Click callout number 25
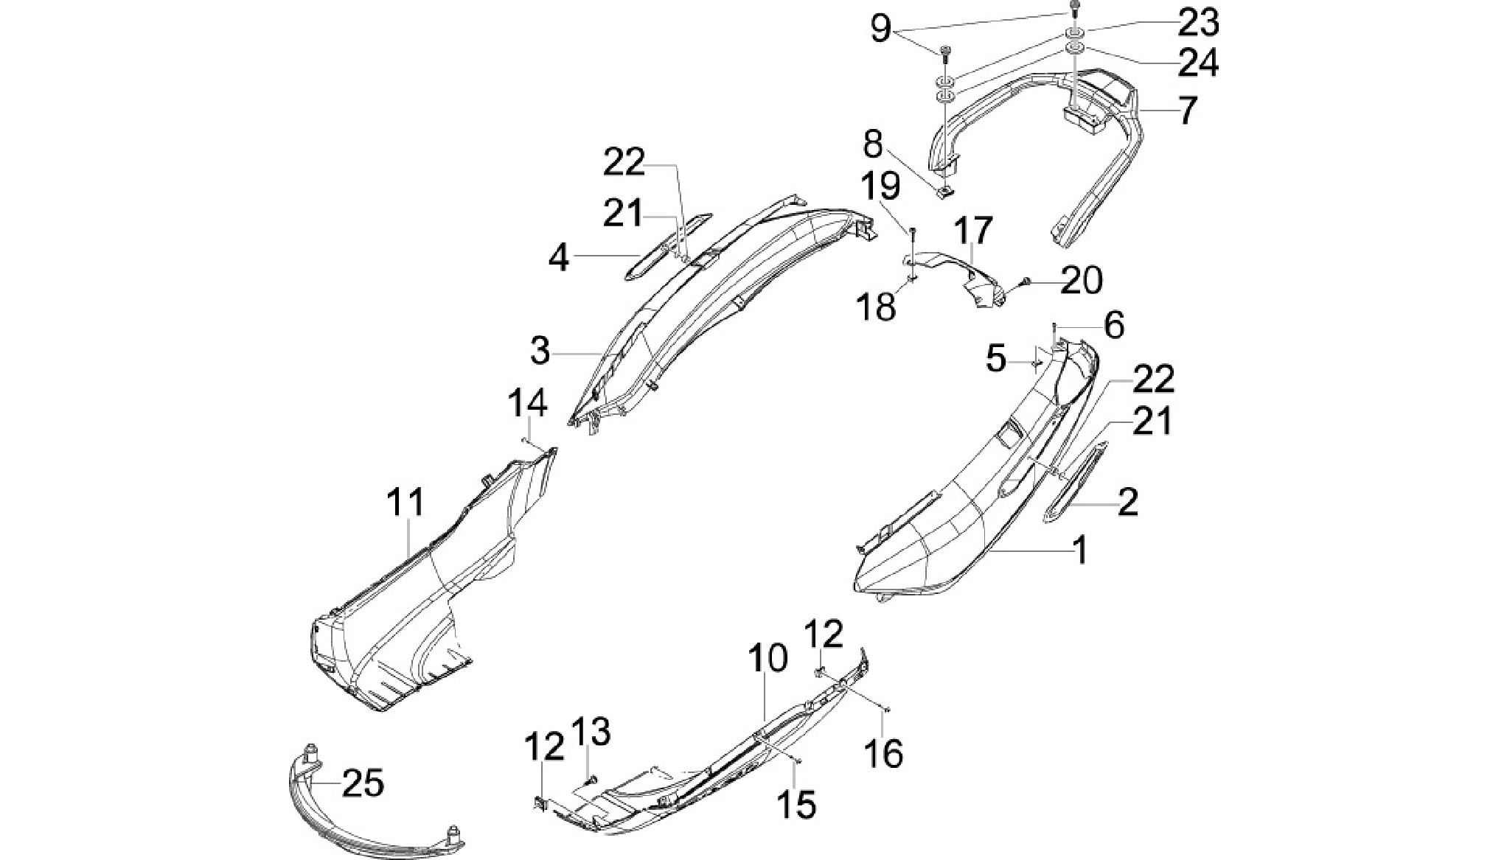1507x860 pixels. (363, 783)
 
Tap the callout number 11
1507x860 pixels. (406, 503)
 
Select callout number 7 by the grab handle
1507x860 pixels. (1186, 111)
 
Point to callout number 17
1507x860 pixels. (974, 231)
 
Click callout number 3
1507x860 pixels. (540, 352)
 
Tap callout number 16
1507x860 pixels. (883, 753)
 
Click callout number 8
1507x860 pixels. (872, 145)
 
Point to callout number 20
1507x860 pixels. (1082, 280)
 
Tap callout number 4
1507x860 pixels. (560, 258)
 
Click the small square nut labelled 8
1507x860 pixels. (945, 193)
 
